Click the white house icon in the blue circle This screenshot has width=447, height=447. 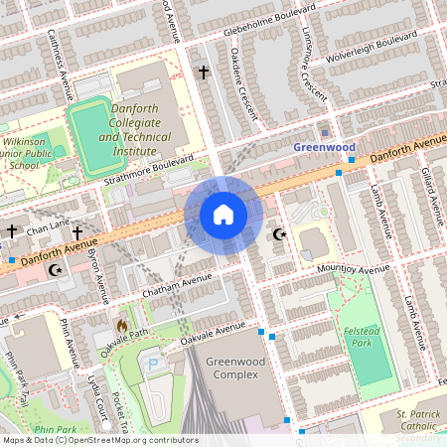[x=223, y=214]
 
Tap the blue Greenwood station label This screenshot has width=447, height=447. [x=324, y=147]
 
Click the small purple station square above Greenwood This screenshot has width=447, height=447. [x=325, y=132]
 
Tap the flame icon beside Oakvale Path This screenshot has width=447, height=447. [x=122, y=325]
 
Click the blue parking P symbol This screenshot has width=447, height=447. [x=153, y=366]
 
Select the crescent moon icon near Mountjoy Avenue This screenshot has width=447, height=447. [x=278, y=234]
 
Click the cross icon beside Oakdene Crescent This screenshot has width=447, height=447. [x=204, y=73]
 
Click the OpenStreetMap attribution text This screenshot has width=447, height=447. [x=99, y=440]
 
